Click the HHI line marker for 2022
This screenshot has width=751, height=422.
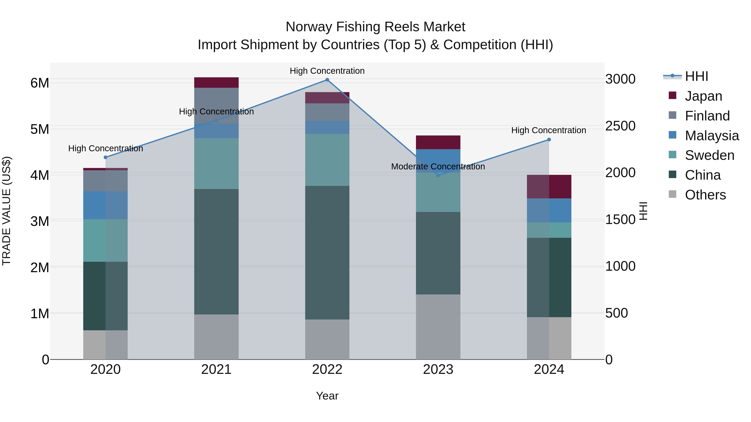[x=327, y=80]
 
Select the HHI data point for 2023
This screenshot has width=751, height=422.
[x=438, y=175]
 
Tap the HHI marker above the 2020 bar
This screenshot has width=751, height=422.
[x=106, y=157]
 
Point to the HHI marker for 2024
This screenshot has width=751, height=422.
[x=549, y=139]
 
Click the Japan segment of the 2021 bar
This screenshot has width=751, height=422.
[x=216, y=82]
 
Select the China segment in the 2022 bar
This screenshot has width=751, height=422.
[x=327, y=253]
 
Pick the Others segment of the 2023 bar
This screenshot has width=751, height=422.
[x=438, y=327]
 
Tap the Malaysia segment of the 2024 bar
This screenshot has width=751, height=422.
[x=549, y=210]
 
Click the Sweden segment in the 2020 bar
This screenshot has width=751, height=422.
[x=106, y=240]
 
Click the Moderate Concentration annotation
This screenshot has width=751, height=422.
[x=438, y=167]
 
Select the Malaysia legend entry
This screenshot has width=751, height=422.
[x=712, y=136]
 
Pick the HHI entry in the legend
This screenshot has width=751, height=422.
[x=696, y=76]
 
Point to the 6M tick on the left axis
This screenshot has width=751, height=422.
[x=40, y=83]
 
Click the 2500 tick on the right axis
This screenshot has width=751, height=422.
[x=620, y=126]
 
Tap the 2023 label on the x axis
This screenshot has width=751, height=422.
[x=438, y=369]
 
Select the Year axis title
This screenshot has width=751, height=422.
[x=327, y=396]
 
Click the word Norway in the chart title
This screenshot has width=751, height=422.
[x=309, y=27]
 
